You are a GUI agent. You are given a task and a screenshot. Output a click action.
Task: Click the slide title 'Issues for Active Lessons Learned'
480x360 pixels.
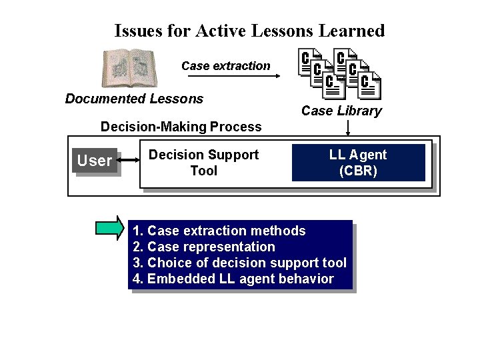pos(249,31)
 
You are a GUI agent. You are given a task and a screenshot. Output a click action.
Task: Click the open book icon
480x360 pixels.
pos(129,69)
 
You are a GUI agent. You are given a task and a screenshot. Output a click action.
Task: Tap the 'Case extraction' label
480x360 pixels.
pos(226,65)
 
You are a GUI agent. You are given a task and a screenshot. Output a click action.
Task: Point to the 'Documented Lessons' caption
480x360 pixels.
pos(134,99)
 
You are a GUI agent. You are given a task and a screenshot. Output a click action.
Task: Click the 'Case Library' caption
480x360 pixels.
pos(341,111)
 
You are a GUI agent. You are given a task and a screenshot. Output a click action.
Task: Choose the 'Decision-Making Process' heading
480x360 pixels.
pos(181,127)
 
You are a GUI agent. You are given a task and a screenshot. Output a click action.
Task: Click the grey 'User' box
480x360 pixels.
pos(95,161)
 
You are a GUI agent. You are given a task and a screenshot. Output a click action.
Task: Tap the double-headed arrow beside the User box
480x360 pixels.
pos(129,160)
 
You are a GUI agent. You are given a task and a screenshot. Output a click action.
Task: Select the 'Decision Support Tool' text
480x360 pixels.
pos(203,163)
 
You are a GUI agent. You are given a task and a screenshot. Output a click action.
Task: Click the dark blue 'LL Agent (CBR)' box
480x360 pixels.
pos(358,163)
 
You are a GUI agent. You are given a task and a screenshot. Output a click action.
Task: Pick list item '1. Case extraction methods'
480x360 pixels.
pos(219,231)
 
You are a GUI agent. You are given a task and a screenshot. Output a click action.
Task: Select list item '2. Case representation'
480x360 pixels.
pos(204,247)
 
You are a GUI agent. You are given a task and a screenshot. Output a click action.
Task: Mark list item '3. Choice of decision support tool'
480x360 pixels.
pos(239,263)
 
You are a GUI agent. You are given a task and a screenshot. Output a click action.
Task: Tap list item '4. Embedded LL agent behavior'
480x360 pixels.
pos(233,279)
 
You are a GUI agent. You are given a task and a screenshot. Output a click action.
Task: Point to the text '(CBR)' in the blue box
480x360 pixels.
pos(358,171)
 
